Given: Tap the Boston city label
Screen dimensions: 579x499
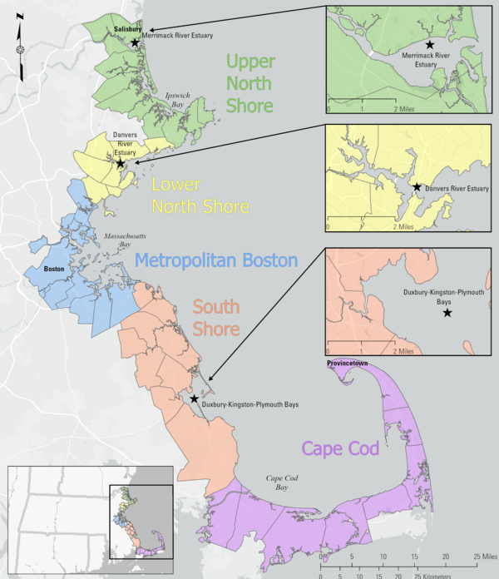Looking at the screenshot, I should pos(54,270).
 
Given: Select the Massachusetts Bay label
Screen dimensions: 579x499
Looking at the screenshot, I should pos(117,241).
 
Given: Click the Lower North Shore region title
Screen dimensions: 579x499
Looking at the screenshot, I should pos(200,194).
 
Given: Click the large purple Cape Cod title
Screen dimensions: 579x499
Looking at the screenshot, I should pos(340,448).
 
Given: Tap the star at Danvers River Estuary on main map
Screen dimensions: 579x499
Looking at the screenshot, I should pos(121,163).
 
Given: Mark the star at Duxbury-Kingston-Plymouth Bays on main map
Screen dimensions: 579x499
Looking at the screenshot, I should pos(194,399).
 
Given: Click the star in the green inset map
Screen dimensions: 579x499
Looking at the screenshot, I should pos(430,43).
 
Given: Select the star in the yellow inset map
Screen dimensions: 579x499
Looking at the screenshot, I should pos(417,188).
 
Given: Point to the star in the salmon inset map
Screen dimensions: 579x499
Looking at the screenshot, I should pos(447,313).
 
